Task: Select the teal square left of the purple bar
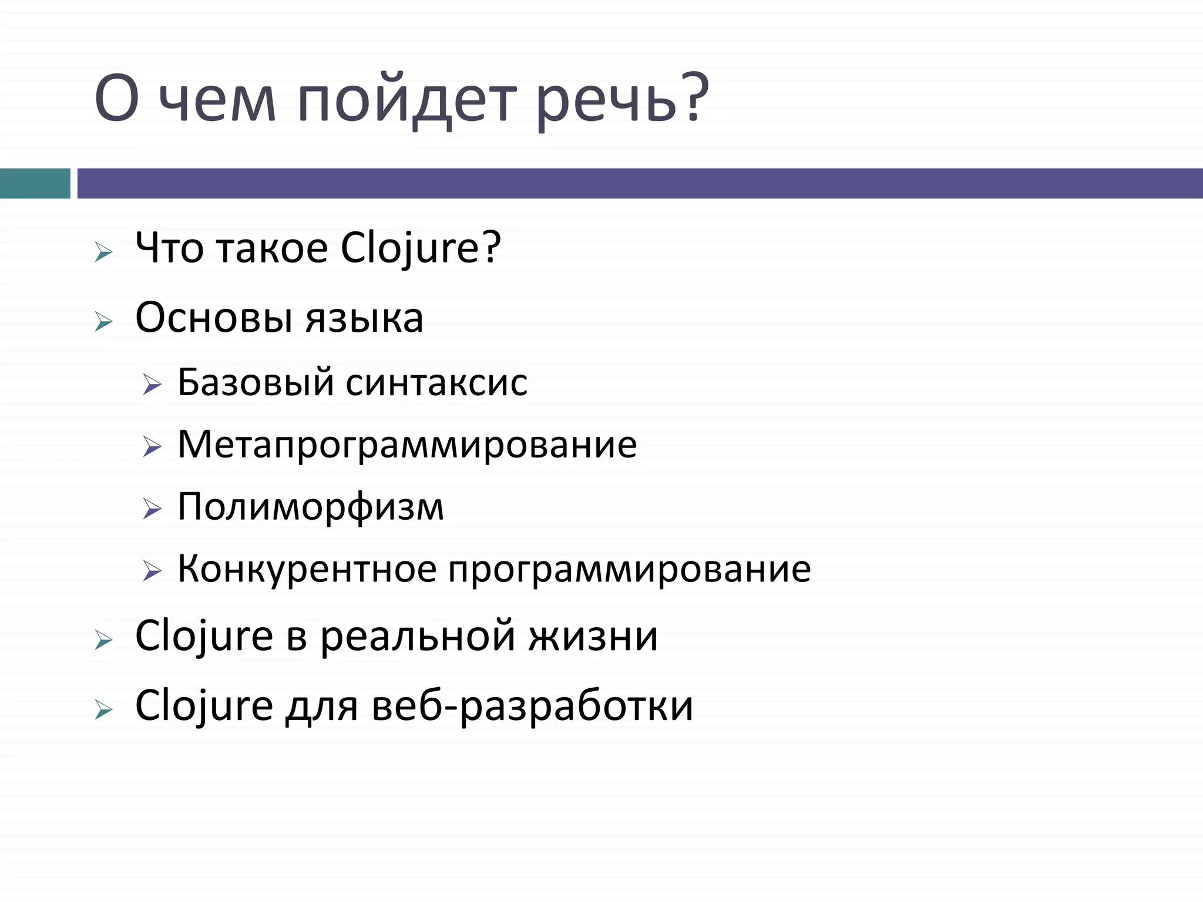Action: (35, 183)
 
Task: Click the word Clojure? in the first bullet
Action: (421, 248)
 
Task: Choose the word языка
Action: (364, 318)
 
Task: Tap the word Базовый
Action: (256, 382)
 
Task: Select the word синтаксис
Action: (436, 382)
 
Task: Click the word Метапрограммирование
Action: (407, 444)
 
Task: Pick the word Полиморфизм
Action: (310, 506)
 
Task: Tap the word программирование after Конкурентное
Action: (629, 570)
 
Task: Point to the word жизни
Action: (593, 635)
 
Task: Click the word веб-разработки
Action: (532, 706)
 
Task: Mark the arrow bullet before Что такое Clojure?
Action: (103, 253)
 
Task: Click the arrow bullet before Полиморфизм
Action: (152, 509)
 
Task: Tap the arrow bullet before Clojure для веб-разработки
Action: (103, 711)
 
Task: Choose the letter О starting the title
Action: (116, 100)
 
